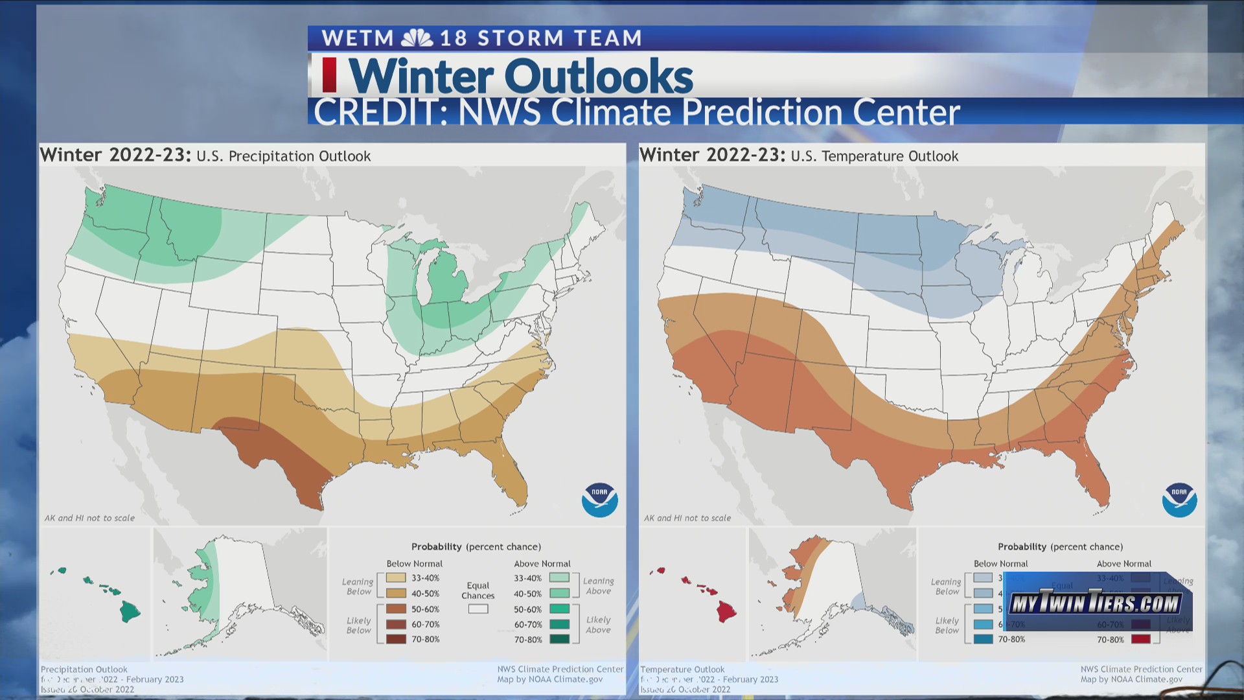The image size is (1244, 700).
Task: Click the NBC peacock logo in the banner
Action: point(417,38)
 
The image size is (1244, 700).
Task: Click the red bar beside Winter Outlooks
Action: point(329,75)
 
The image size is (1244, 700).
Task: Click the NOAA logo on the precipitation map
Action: point(599,500)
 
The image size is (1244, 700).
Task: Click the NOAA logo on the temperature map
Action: point(1179,500)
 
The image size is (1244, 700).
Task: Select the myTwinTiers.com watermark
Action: point(1096,603)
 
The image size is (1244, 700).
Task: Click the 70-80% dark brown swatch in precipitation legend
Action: point(396,639)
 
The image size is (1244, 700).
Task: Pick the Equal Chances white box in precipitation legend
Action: point(478,609)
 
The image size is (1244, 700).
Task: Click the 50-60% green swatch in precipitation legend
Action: point(559,609)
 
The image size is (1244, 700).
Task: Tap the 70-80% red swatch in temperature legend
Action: point(1140,639)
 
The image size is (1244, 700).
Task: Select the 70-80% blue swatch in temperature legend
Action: point(983,639)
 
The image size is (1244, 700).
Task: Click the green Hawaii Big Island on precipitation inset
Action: point(130,611)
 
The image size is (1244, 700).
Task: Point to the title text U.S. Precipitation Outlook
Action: point(283,156)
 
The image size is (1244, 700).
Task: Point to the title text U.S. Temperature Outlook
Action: point(874,156)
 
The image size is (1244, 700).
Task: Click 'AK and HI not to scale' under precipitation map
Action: point(89,518)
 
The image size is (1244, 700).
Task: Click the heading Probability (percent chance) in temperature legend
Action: point(1060,546)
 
